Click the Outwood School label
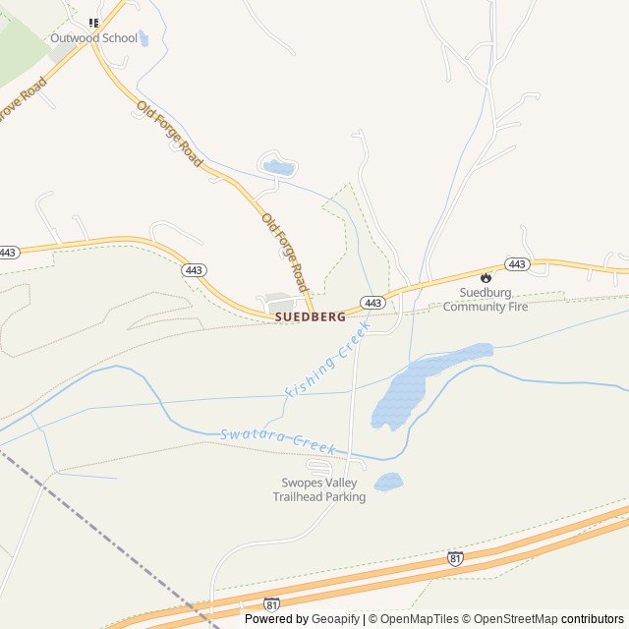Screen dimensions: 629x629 tap(94, 38)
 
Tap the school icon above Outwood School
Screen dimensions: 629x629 tap(94, 23)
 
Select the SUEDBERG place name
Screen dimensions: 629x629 tap(310, 317)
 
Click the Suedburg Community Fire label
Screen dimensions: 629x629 tap(486, 300)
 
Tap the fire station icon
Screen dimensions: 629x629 tap(486, 278)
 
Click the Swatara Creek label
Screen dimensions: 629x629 tap(278, 440)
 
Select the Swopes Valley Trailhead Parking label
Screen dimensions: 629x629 tap(318, 489)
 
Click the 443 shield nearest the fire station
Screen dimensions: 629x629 tap(517, 264)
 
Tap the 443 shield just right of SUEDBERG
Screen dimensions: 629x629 tap(372, 302)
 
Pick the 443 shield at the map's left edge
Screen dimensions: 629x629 tap(9, 253)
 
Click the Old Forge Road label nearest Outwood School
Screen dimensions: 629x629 tap(170, 134)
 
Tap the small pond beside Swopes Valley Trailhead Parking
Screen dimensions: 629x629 tap(388, 482)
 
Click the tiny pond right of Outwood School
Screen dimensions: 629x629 tap(144, 38)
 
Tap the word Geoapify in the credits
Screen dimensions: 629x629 tap(334, 619)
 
